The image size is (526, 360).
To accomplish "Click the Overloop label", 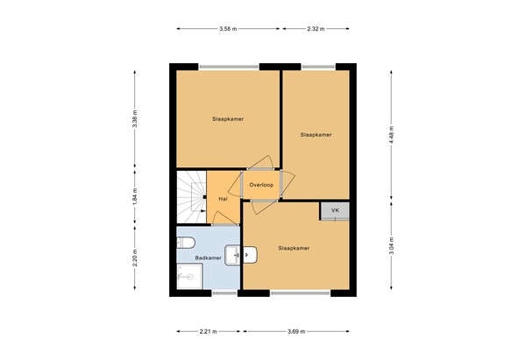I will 261,185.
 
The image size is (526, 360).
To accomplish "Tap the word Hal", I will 224,199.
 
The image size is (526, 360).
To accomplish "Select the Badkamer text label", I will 207,258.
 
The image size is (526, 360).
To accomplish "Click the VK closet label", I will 334,210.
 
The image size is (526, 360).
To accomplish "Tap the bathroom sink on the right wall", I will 233,255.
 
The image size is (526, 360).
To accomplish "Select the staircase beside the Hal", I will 190,197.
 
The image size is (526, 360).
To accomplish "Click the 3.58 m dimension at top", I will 229,29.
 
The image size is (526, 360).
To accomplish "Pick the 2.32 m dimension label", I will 316,29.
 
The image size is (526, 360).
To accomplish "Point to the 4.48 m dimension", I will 392,135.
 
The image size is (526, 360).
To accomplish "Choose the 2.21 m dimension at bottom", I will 210,331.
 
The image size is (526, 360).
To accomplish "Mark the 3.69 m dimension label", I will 299,331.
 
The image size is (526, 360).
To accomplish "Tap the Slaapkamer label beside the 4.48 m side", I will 316,135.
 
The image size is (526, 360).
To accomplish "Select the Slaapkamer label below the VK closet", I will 294,248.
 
